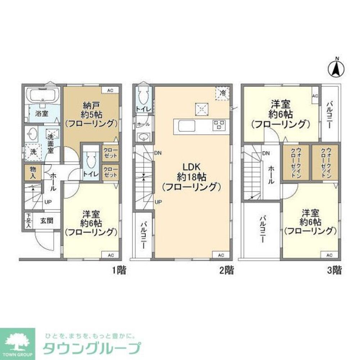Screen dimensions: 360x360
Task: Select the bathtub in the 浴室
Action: click(42, 95)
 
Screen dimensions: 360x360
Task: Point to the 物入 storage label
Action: click(33, 173)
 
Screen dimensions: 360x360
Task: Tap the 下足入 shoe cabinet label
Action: click(28, 220)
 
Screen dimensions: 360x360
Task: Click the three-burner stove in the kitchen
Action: click(219, 125)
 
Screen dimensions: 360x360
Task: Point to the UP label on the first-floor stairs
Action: click(47, 202)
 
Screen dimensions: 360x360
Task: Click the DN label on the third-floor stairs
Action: click(266, 153)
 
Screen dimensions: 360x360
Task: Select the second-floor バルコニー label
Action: click(143, 234)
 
